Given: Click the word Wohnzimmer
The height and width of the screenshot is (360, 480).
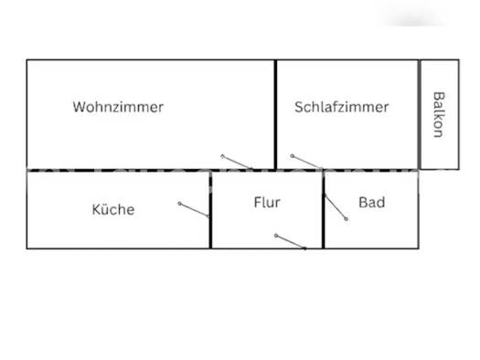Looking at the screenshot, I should coord(118,107).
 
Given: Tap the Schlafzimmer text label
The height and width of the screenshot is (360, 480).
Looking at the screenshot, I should coord(341,107).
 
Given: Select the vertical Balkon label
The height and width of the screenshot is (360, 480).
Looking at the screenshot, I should coord(438,113).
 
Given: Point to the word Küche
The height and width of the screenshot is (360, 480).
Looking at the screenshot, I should coord(113,209).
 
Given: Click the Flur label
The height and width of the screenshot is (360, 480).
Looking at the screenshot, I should coord(267,202).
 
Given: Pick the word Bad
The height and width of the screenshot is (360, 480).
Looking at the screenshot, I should coord(371,202).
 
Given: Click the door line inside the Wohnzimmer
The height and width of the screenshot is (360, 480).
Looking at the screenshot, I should coord(236,162).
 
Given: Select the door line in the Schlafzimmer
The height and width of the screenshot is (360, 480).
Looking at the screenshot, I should coord(306,162).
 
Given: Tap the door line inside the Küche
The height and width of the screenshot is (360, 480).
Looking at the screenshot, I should coord(195,209).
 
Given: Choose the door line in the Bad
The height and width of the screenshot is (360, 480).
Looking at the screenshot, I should coord(336,207).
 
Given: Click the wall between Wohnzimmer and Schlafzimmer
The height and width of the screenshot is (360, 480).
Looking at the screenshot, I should coord(275,114).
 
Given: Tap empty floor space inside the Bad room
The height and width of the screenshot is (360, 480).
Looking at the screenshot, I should coord(384,228).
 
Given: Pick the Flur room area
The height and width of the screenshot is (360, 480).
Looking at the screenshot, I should coord(256,224).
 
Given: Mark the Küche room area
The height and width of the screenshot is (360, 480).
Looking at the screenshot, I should coord(82,228).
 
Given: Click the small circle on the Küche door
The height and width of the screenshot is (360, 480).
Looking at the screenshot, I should coord(179,204).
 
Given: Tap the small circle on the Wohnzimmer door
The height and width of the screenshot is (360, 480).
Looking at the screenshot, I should coord(222,156).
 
